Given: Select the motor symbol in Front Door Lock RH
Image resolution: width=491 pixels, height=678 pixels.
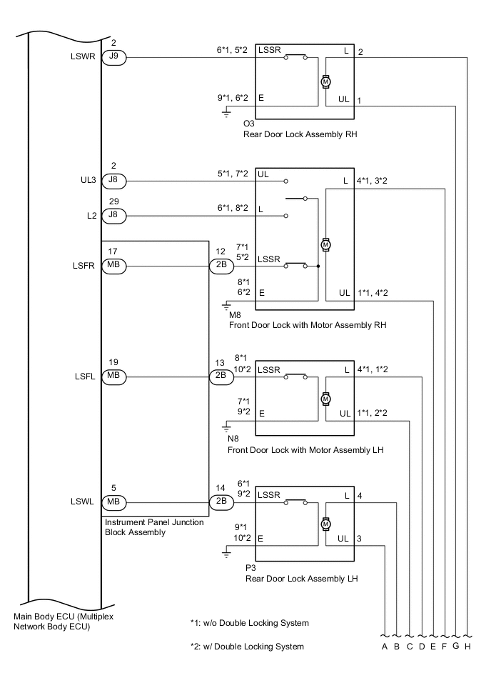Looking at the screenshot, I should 326,244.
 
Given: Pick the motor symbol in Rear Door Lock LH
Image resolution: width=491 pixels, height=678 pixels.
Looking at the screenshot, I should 326,524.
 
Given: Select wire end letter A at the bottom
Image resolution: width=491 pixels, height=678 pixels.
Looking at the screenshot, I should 385,647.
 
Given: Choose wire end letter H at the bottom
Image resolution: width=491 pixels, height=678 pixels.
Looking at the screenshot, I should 467,647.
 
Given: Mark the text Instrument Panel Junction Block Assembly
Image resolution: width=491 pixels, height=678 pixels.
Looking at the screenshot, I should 153,527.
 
